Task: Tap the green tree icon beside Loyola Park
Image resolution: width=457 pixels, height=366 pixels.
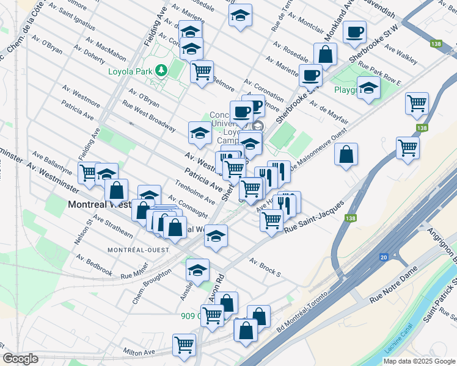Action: [161, 70]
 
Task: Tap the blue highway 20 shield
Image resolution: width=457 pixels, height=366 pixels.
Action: [384, 259]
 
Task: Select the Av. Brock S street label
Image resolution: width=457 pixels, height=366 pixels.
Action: [264, 267]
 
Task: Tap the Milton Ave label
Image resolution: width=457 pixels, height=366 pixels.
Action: [139, 352]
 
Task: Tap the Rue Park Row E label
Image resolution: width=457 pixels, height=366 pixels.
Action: [379, 72]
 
